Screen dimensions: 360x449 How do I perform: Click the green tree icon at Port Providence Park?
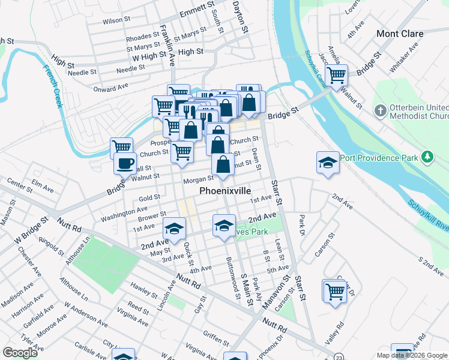(427, 157)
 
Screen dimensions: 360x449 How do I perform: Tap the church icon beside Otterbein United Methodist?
(379, 110)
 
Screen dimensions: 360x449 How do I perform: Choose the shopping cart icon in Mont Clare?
(337, 76)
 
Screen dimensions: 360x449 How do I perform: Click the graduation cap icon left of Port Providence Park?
(328, 162)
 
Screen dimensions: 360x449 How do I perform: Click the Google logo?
(20, 352)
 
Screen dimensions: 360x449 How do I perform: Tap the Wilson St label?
(116, 20)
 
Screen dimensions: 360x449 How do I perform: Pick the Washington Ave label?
(124, 212)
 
